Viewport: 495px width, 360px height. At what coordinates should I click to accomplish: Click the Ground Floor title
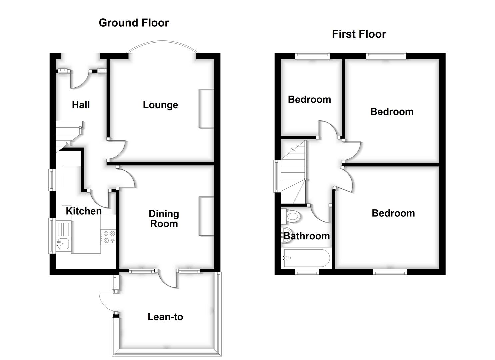click(x=134, y=23)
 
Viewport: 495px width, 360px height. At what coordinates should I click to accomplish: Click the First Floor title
click(x=359, y=34)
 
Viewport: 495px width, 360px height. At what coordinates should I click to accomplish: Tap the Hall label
click(x=81, y=105)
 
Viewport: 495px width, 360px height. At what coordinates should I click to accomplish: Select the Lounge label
click(x=160, y=105)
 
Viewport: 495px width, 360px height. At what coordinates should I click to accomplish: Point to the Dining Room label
click(x=164, y=219)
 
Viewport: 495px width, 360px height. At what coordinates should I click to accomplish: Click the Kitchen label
click(x=83, y=211)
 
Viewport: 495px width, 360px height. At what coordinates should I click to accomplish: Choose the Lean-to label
click(x=165, y=317)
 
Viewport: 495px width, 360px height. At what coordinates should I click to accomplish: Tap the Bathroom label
click(x=306, y=236)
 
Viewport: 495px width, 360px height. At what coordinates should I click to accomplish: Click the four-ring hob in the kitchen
click(x=108, y=237)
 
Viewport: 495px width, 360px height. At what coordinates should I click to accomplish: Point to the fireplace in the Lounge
click(x=206, y=108)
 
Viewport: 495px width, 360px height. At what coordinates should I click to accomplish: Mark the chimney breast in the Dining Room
click(x=206, y=216)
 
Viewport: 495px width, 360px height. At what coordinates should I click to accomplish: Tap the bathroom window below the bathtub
click(x=307, y=273)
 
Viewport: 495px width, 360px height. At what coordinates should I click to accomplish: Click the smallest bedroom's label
click(x=309, y=99)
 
